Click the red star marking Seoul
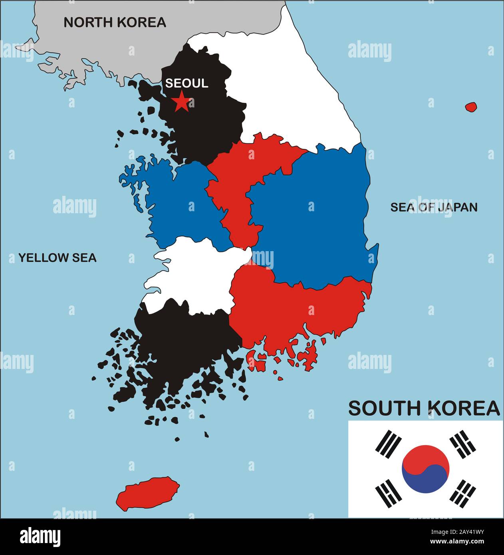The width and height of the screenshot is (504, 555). click(181, 101)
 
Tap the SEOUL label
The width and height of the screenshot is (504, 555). click(187, 83)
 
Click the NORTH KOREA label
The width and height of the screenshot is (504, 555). click(115, 22)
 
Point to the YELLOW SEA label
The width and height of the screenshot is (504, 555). click(58, 258)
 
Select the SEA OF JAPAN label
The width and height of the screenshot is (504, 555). click(434, 207)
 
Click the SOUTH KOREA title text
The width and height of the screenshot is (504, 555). click(424, 408)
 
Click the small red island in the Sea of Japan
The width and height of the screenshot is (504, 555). click(471, 107)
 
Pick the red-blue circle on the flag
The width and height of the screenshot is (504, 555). click(426, 469)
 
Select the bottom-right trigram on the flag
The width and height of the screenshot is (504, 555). click(463, 493)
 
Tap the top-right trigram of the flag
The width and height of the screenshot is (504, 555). click(463, 444)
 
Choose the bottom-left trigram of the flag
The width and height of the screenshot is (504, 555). click(388, 494)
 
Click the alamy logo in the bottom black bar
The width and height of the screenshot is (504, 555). click(40, 537)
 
